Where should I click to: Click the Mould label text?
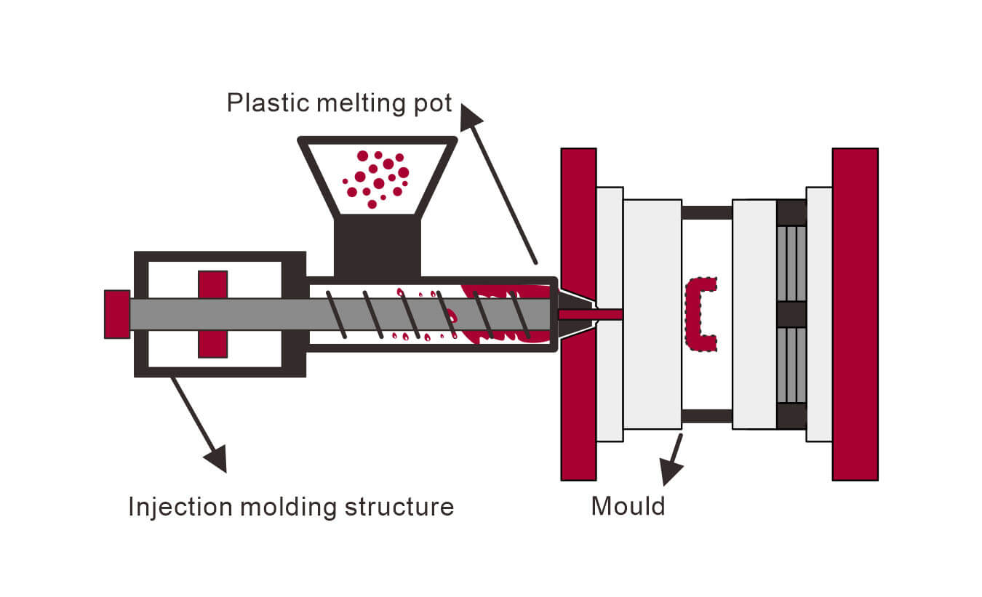628,505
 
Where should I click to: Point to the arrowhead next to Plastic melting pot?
471,116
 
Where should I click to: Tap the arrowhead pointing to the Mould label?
670,473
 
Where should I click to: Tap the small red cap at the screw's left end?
116,314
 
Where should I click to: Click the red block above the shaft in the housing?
212,284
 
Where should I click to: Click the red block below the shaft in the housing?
212,344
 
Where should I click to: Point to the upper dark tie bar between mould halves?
706,212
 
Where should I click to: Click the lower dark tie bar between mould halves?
706,416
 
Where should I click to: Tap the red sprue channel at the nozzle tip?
589,314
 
